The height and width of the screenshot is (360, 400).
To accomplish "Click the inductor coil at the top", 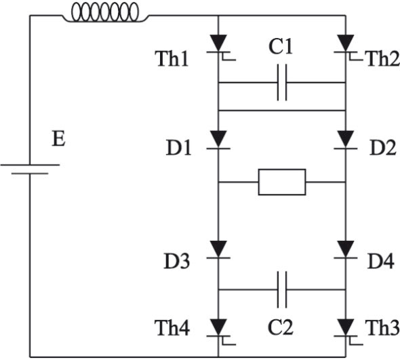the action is pos(105,12).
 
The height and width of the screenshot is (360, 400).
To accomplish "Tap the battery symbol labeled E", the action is pos(30,169).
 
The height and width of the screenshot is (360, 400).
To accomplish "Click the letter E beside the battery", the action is pos(58,139).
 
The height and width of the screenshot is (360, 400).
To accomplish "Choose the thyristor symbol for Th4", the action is pos(220,331).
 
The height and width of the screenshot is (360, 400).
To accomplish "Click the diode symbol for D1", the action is pos(218,140).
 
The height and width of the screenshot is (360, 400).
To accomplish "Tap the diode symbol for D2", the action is pos(346,140).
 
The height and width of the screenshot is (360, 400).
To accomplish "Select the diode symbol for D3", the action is pos(218,249).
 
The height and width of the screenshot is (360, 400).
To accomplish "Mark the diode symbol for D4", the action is pos(346,249).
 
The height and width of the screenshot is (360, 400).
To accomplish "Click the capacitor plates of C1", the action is pos(282,82).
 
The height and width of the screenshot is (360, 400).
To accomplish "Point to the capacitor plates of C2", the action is pos(282,289).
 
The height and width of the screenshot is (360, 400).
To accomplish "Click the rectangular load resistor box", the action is pos(282,182).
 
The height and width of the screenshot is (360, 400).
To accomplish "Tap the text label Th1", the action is pos(173,58).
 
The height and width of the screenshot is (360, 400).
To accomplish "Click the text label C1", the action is pos(281,47).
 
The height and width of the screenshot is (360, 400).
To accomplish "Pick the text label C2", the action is pos(281,327).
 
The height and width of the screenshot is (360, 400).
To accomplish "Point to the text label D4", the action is pos(380,261).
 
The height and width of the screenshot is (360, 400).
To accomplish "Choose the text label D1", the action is pos(178,148).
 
